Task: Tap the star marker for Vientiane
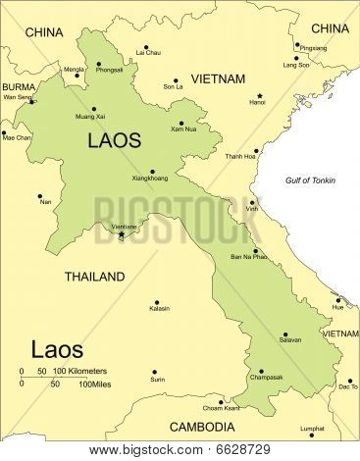coord(122,234)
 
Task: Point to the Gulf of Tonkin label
coord(310,180)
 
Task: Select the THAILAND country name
coord(94,277)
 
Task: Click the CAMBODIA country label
coord(201,427)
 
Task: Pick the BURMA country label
coord(19,86)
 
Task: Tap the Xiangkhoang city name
coord(149,179)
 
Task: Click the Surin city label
coord(157,379)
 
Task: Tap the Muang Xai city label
coord(91,117)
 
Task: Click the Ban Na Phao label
coord(248,256)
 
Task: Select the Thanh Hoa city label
coord(240,156)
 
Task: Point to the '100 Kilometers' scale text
coord(79,371)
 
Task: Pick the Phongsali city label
coord(110,71)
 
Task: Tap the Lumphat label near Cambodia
coord(313,428)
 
